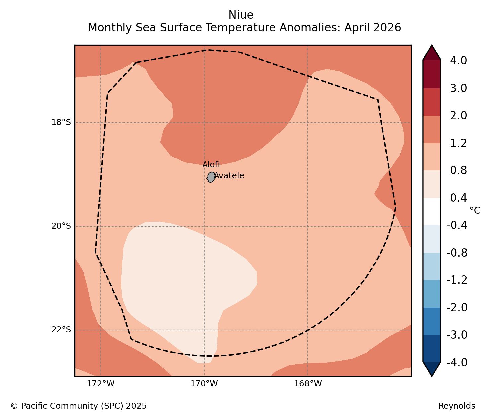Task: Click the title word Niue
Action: pos(241,15)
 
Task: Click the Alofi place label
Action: pos(211,164)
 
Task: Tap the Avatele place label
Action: pos(229,176)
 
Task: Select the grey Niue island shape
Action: pos(211,177)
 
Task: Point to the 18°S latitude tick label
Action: pos(61,122)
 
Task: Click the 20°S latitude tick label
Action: pos(61,226)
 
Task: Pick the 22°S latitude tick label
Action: pos(61,330)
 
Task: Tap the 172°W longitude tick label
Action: pos(100,384)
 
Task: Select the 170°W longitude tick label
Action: pos(204,384)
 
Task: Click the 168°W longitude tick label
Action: pos(308,384)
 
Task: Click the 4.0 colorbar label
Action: pos(458,61)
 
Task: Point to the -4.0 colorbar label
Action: pos(457,362)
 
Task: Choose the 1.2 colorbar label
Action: pos(458,143)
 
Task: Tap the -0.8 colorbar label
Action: pos(457,253)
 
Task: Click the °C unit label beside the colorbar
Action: pos(475,210)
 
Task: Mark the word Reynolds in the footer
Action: pos(457,406)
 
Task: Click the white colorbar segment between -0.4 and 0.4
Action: pos(432,211)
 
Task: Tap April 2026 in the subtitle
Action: pos(372,28)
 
